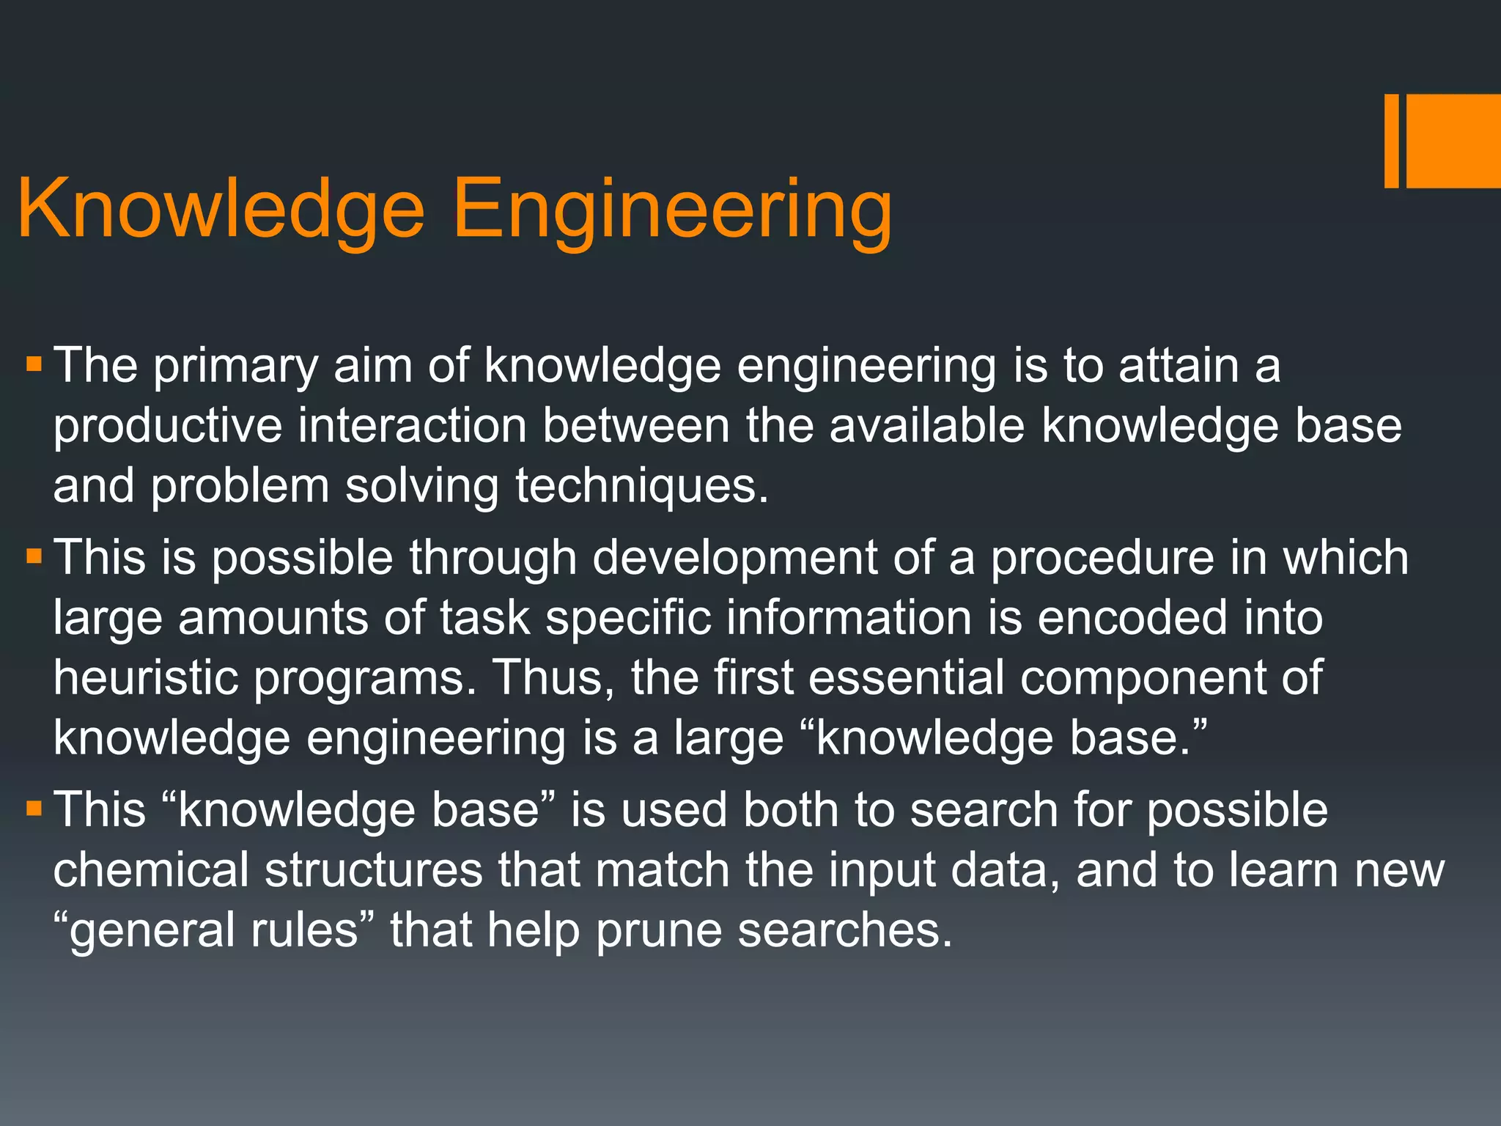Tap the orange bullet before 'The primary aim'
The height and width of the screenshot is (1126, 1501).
[34, 364]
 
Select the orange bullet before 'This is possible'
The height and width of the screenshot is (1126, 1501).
[34, 557]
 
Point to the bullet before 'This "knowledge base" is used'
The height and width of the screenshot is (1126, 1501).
[34, 809]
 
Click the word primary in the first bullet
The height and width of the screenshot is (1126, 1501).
[235, 367]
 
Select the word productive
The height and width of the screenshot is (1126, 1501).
[168, 427]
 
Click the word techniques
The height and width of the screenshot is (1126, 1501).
[641, 487]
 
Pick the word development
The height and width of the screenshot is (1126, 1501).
[734, 559]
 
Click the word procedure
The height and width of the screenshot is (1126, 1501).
[1102, 559]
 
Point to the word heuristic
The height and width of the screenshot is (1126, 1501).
[146, 677]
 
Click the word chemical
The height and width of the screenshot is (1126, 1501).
[151, 870]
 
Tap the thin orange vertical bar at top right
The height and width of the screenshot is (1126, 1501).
[1391, 141]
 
